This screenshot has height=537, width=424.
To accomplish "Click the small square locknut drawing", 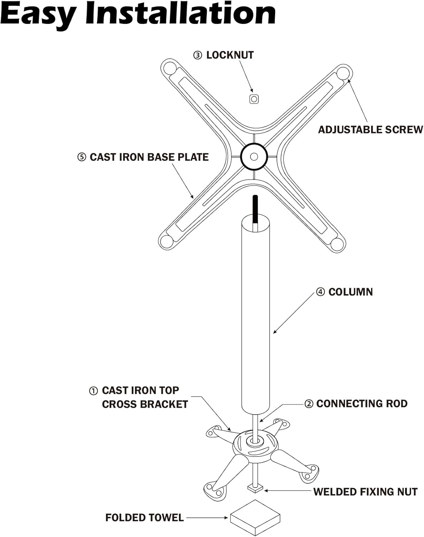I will (254, 99).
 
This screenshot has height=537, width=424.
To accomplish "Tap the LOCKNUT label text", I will (230, 55).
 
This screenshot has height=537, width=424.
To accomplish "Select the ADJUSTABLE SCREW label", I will (370, 130).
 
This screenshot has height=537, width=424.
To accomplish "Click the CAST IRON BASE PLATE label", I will (149, 157).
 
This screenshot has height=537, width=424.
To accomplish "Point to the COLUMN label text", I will (350, 292).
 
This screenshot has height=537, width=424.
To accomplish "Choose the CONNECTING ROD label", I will (362, 404).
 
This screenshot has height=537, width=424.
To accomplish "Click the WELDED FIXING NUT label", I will (365, 492).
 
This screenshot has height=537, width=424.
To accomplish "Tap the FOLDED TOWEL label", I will (144, 518).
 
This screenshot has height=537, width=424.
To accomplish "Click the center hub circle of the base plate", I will (254, 156).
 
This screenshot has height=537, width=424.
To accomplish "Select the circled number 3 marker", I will (198, 55).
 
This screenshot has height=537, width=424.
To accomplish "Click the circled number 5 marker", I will (82, 158).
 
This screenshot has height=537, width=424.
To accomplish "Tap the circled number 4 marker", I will (320, 292).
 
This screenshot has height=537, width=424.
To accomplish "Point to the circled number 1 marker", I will (93, 391).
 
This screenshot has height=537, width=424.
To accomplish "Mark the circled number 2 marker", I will (308, 404).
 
